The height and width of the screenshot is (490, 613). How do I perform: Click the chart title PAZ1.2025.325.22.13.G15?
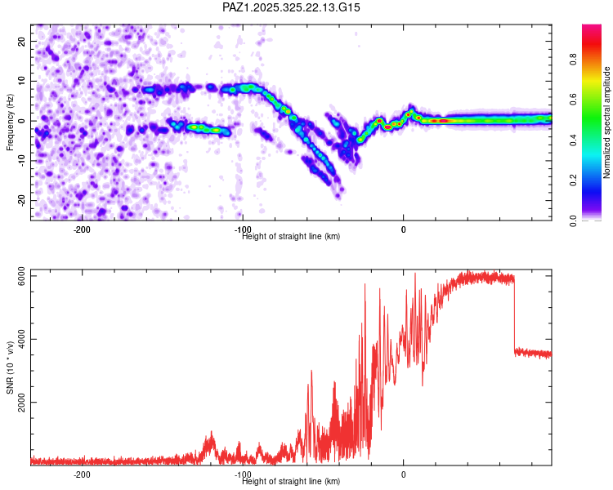pyautogui.click(x=291, y=7)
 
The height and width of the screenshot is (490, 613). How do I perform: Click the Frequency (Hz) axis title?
pyautogui.click(x=10, y=121)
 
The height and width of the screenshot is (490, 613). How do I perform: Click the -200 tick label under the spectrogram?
pyautogui.click(x=81, y=229)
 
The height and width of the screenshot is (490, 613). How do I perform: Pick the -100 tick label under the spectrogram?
pyautogui.click(x=242, y=229)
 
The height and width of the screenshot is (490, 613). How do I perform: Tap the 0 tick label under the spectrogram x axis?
pyautogui.click(x=403, y=229)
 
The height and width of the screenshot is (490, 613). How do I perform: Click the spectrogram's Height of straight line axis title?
pyautogui.click(x=291, y=236)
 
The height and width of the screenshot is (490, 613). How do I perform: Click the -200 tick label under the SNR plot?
pyautogui.click(x=81, y=474)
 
